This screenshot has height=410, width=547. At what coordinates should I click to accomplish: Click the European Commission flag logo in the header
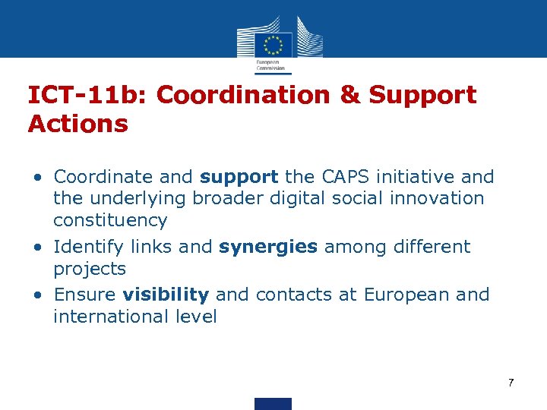[273, 44]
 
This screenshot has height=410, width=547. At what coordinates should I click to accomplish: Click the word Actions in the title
[77, 124]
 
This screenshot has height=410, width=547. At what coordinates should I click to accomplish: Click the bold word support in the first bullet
[239, 178]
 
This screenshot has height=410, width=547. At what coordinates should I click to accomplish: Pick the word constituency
[110, 221]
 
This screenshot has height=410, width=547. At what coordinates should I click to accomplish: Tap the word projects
[90, 270]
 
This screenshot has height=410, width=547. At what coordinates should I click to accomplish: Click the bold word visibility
[166, 295]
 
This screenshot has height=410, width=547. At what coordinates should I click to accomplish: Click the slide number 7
[511, 383]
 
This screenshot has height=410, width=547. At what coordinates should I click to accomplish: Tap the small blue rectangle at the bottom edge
[273, 403]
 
